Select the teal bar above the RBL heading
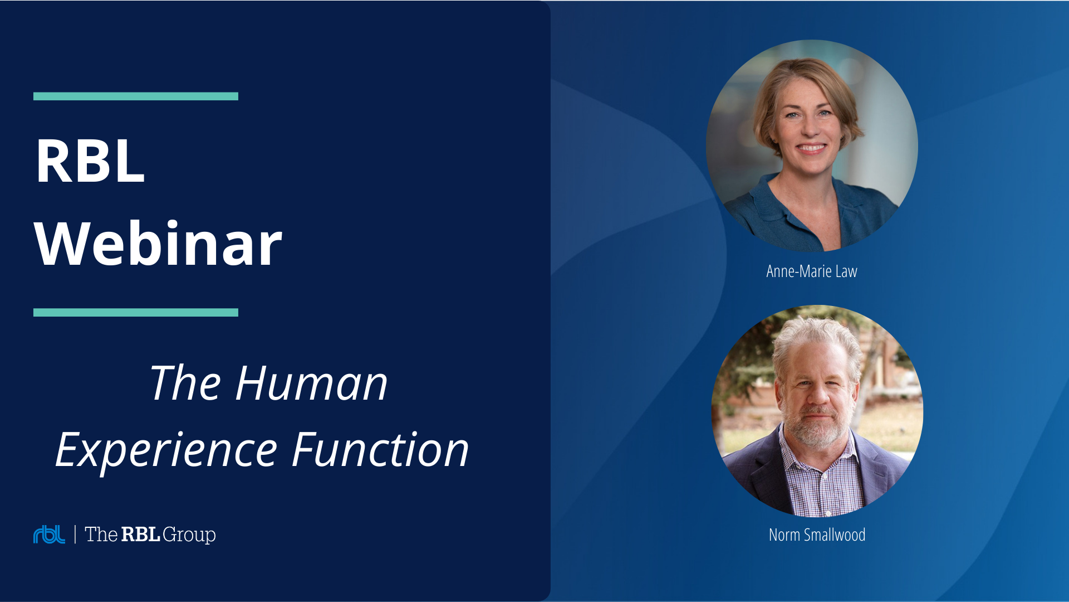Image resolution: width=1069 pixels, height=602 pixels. [x=136, y=96]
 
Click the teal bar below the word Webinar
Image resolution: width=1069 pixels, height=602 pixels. [x=136, y=313]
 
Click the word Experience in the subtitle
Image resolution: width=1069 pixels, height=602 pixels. [x=166, y=450]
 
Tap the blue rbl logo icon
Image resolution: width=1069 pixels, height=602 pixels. [x=49, y=534]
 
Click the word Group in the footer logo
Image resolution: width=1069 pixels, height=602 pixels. [x=189, y=535]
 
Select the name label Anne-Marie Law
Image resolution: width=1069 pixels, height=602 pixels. [x=812, y=271]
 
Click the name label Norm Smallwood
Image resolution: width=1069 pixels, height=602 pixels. [x=817, y=535]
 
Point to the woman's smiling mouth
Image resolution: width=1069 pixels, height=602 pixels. [x=811, y=148]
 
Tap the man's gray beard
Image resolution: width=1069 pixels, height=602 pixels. [x=817, y=429]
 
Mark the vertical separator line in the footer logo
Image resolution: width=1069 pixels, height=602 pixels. [x=75, y=534]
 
